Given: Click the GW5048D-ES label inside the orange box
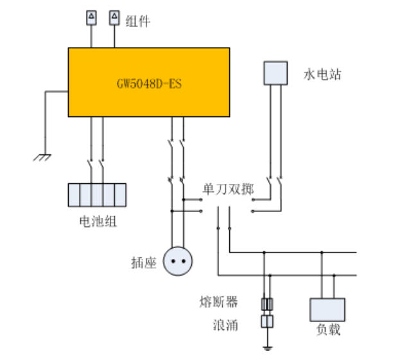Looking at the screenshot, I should coord(149,84).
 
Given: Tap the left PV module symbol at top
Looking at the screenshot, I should coord(91,17).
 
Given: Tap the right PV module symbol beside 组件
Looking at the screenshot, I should coord(114,17).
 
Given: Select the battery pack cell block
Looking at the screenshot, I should coord(97,194).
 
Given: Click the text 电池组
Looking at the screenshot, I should coord(97,222).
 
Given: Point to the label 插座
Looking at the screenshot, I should coord(143,263).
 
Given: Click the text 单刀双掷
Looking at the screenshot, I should coord(228,190).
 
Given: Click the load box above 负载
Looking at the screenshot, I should coord(327,310).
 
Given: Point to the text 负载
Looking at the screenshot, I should coord(327,330).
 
